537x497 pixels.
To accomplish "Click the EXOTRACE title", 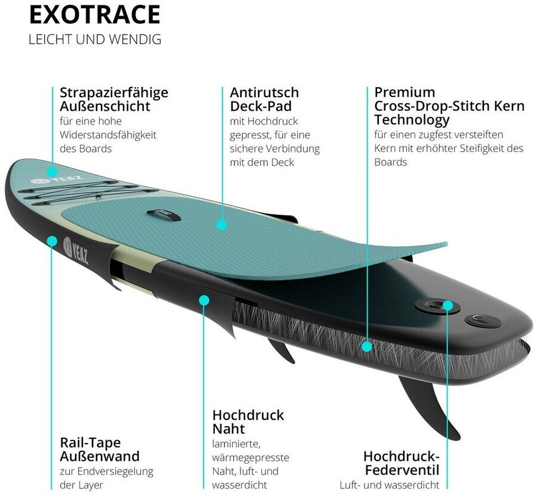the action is pyautogui.click(x=94, y=15).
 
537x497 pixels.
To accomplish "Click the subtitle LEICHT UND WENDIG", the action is pyautogui.click(x=95, y=40).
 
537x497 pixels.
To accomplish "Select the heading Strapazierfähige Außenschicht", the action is pyautogui.click(x=114, y=100).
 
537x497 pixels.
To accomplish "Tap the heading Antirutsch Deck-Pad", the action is pyautogui.click(x=264, y=100).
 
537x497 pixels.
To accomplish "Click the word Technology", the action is pyautogui.click(x=412, y=120).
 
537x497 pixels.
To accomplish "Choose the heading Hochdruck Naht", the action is pyautogui.click(x=248, y=421).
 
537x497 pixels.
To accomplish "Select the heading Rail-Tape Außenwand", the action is pyautogui.click(x=100, y=449).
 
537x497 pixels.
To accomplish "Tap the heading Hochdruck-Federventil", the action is pyautogui.click(x=401, y=463).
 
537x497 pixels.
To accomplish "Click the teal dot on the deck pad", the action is pyautogui.click(x=222, y=225).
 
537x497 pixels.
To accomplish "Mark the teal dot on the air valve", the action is pyautogui.click(x=448, y=306).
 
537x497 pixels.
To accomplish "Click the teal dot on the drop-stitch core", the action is pyautogui.click(x=367, y=345).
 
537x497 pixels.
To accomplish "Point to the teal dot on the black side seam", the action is pyautogui.click(x=204, y=300).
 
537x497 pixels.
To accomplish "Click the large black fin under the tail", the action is pyautogui.click(x=430, y=405).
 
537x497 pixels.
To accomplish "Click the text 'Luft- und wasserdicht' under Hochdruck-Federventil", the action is pyautogui.click(x=389, y=485).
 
